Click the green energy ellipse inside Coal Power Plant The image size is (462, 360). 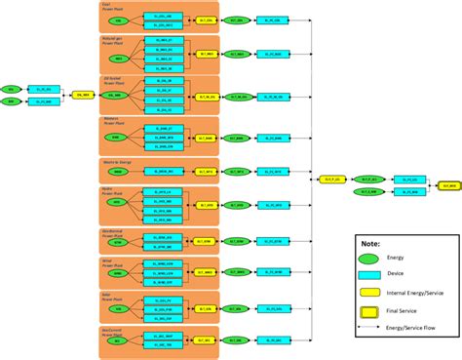click(118, 20)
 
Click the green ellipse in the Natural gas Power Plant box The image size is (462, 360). click(118, 57)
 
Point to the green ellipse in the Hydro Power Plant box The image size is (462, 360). click(118, 205)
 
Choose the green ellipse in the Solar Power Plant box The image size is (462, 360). click(118, 310)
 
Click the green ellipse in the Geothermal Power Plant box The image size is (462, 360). click(118, 241)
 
